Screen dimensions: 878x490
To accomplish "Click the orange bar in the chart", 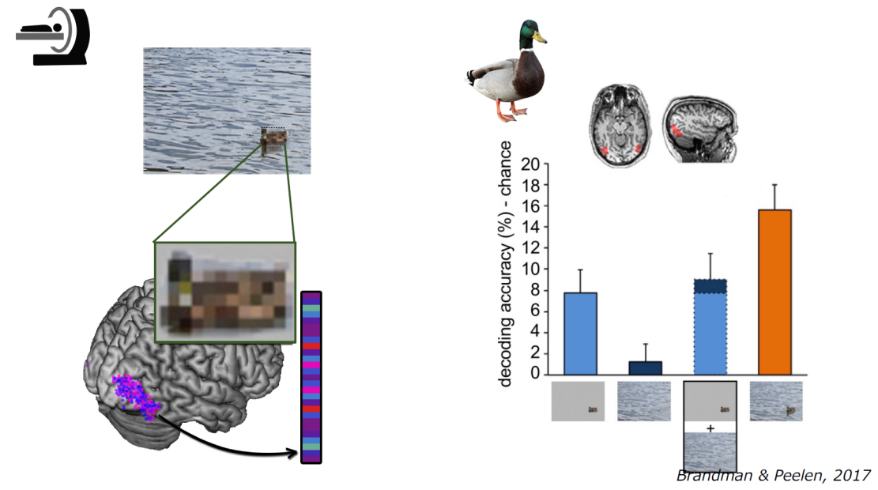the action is click(774, 292).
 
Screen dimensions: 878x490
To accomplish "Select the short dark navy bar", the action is click(645, 368).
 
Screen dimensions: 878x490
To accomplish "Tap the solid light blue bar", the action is click(580, 334).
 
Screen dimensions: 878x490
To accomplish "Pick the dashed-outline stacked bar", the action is click(710, 326).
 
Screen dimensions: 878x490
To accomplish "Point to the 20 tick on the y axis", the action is click(530, 164).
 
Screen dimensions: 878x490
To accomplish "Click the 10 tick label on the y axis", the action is click(530, 269).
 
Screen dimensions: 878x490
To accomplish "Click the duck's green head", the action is click(531, 34).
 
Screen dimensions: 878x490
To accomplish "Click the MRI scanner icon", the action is click(53, 36).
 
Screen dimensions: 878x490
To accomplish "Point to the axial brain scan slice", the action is click(620, 126).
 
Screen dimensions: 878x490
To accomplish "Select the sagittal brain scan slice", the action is click(700, 130).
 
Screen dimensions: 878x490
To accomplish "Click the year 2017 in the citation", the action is click(851, 476).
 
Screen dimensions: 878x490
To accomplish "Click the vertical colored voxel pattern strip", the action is click(311, 378).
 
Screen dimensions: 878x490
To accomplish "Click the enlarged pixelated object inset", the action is click(225, 292).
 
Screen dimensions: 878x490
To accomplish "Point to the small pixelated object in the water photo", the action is click(273, 136).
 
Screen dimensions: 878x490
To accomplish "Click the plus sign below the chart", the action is click(710, 428).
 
